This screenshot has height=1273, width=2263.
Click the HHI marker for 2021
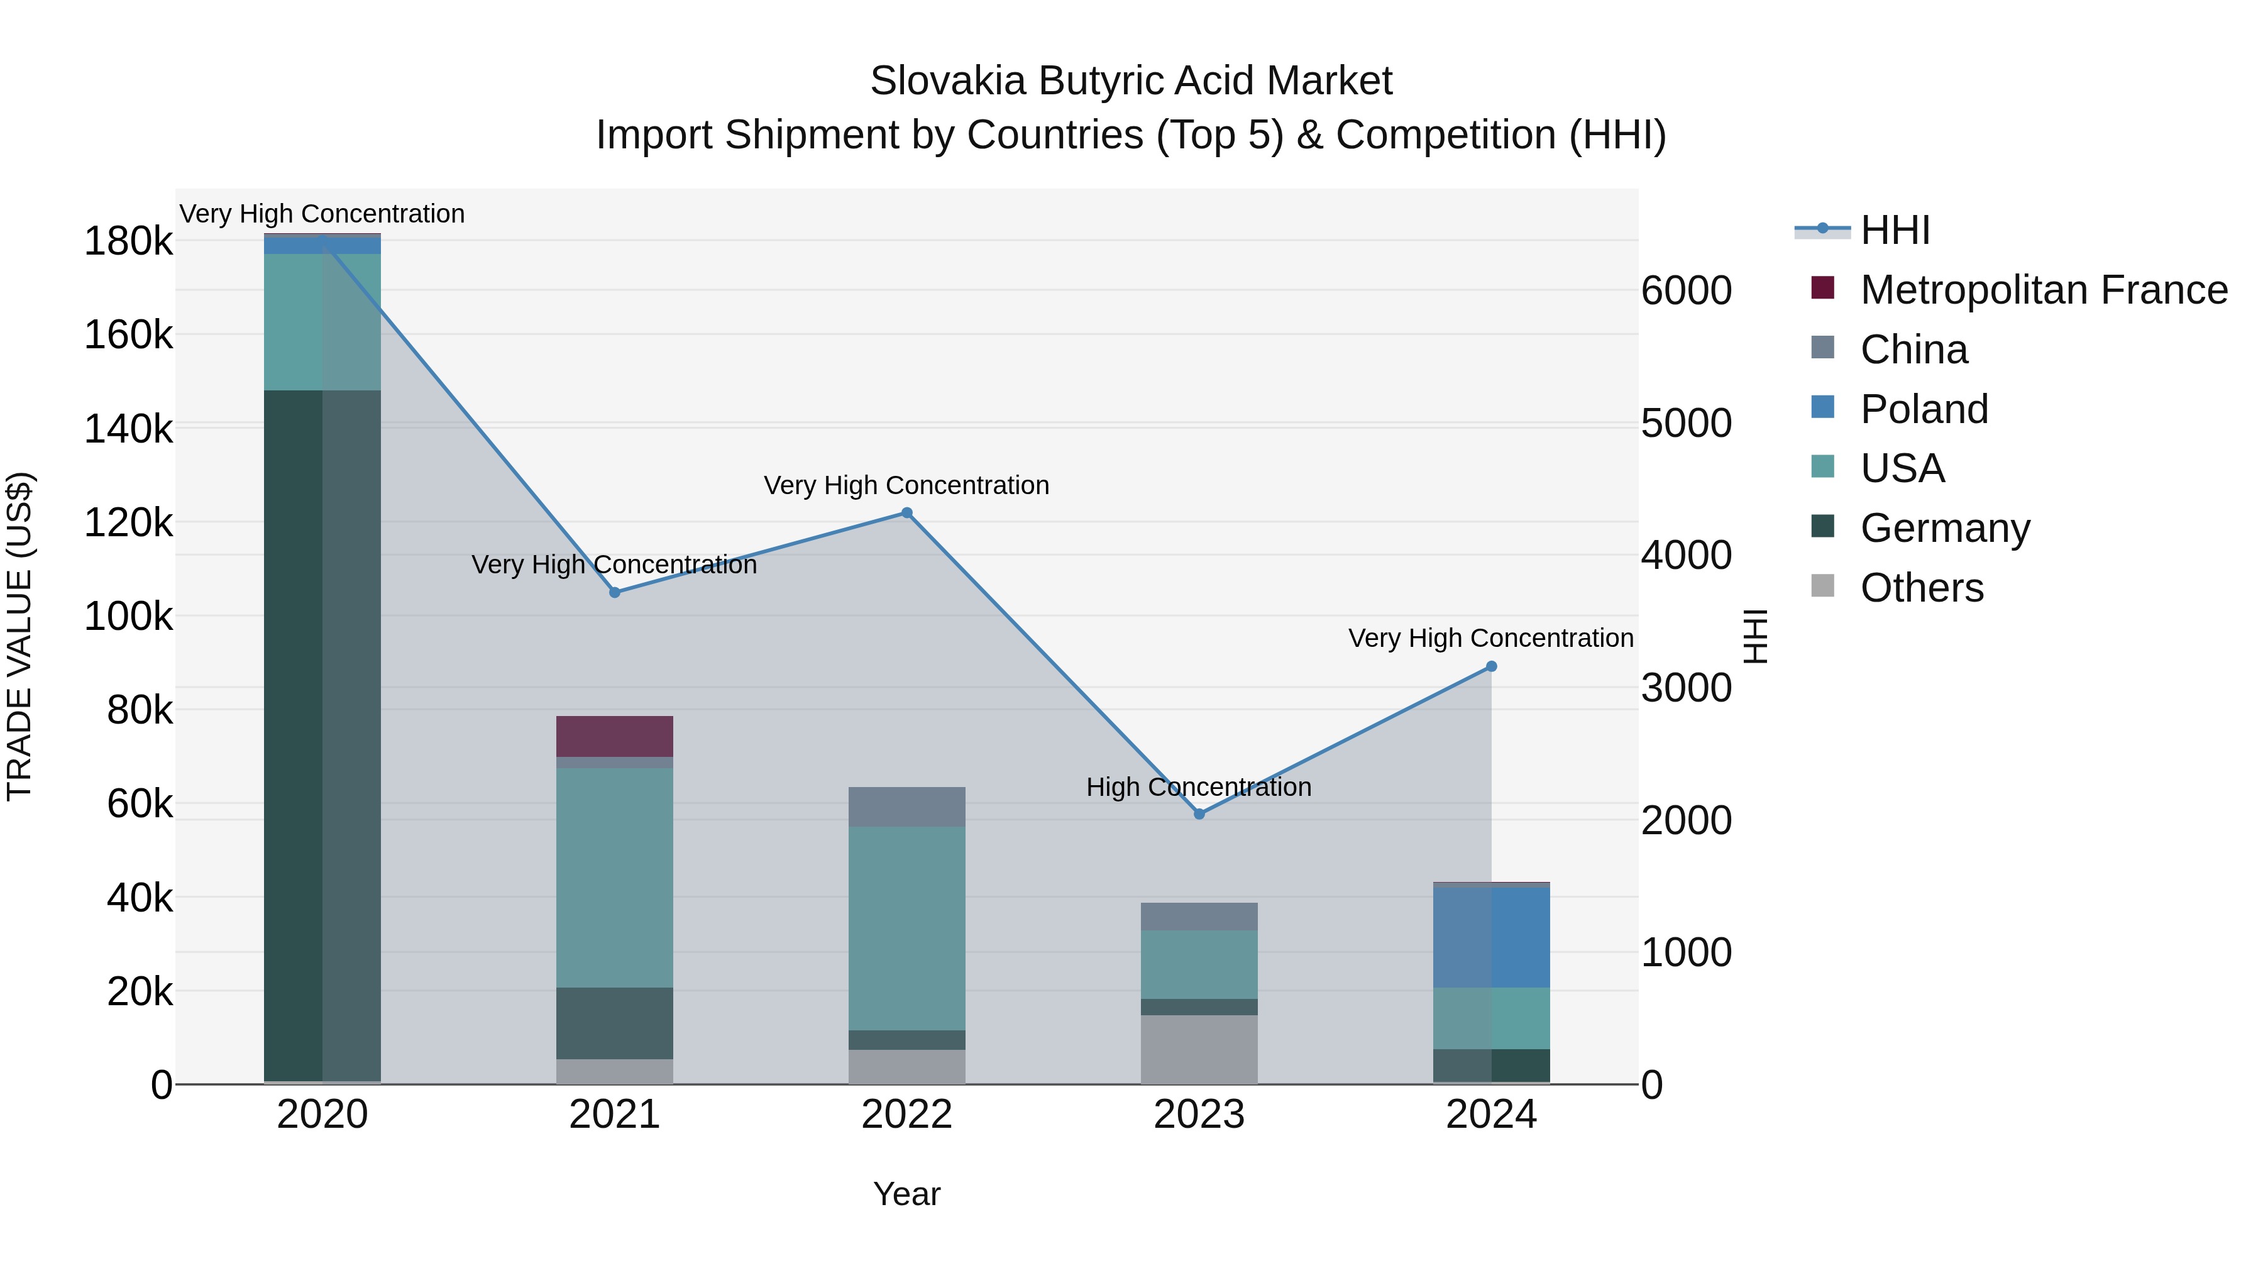[615, 593]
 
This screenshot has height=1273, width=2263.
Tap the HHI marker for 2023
[1199, 814]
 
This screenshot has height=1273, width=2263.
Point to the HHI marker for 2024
[1491, 667]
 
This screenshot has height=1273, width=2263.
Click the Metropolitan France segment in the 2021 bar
[615, 736]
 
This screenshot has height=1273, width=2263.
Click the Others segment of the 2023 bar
[1199, 1050]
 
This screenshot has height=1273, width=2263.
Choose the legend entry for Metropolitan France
[2044, 290]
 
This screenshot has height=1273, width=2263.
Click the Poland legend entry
[1924, 409]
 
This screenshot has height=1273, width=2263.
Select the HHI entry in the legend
[1895, 230]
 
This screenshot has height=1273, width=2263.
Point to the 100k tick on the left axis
[128, 617]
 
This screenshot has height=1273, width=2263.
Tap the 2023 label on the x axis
[1199, 1115]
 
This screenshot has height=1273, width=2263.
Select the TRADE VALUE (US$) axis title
[19, 636]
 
